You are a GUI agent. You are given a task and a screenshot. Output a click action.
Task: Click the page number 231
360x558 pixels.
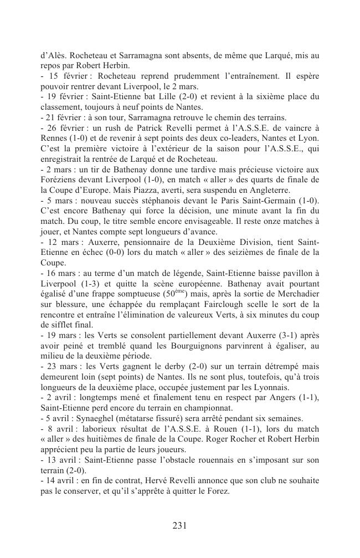pos(179,526)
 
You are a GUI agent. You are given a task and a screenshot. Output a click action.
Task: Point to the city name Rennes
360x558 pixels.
pos(54,137)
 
